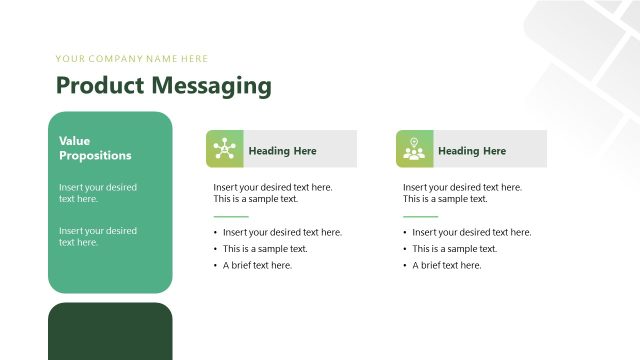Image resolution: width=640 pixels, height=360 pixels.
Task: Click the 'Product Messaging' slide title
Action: tap(163, 86)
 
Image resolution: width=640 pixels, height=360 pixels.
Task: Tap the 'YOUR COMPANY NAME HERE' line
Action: tap(132, 59)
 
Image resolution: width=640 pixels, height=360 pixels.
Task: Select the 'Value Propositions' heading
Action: tap(95, 148)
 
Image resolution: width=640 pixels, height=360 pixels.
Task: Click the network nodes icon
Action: tap(222, 149)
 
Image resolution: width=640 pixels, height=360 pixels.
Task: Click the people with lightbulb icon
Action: tap(412, 149)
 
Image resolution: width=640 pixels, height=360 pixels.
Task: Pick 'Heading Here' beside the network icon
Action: tap(282, 151)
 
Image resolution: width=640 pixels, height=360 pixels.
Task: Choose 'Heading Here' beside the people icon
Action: tap(472, 151)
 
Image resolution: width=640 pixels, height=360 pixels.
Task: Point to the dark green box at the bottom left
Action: tap(110, 331)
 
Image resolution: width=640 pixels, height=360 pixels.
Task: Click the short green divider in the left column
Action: tap(230, 216)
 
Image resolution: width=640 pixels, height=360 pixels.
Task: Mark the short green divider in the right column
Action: tap(420, 216)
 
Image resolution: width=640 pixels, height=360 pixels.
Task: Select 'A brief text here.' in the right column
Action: tap(447, 265)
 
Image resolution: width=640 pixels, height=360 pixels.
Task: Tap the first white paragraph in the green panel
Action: tap(98, 193)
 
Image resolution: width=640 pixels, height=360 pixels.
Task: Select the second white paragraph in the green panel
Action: tap(98, 236)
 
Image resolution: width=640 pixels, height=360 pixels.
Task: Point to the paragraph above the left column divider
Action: tap(272, 193)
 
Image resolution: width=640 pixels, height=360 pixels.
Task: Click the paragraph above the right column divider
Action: tap(462, 193)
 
